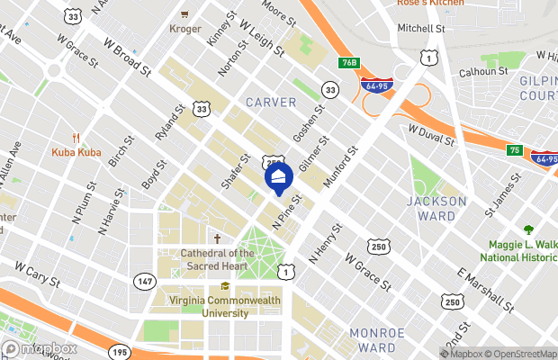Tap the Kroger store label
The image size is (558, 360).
184,29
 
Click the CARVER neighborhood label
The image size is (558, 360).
271,103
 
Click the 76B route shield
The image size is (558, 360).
350,63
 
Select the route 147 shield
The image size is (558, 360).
143,282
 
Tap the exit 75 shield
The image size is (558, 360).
514,150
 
